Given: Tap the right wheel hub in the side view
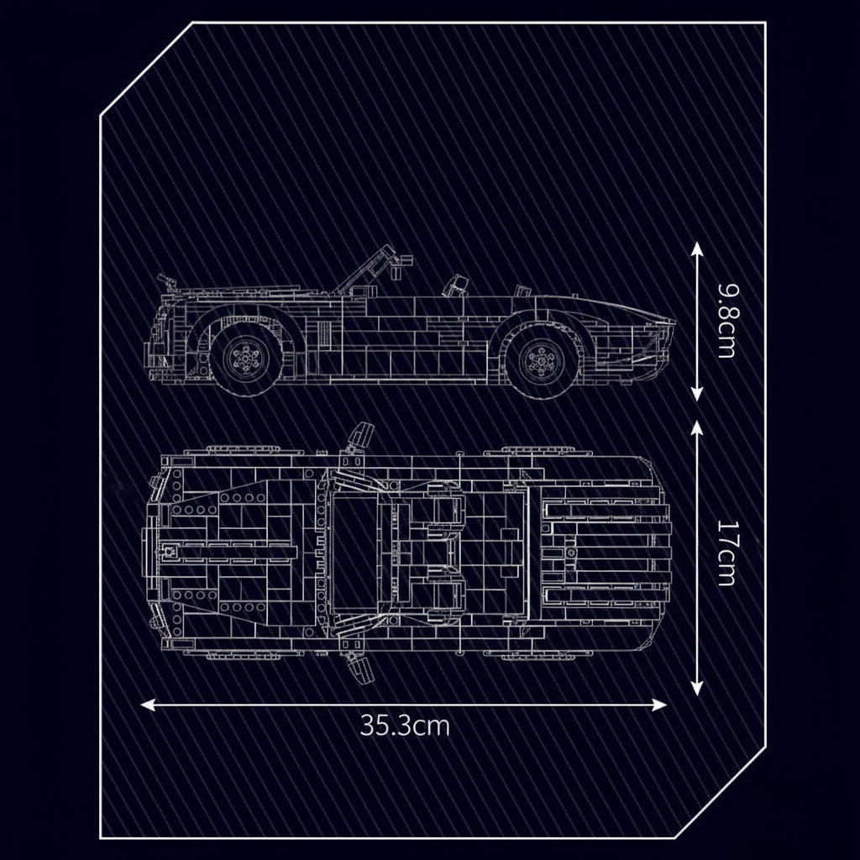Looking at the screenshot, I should coord(537,359).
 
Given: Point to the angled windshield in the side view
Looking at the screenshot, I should coord(368,267).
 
